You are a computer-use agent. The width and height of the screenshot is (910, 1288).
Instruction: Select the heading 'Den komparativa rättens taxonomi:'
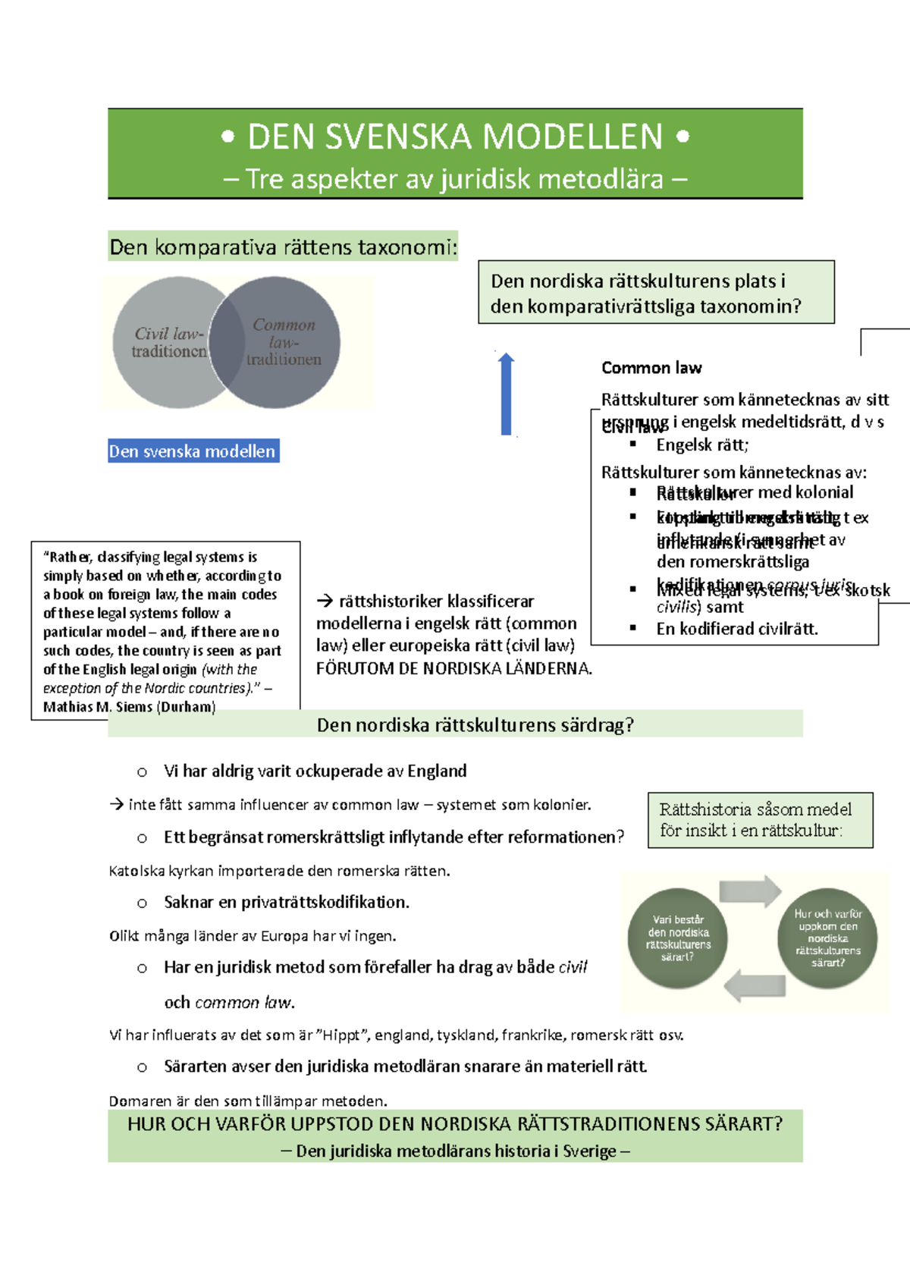point(283,247)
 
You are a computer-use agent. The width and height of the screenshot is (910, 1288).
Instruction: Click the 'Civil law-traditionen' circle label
point(168,342)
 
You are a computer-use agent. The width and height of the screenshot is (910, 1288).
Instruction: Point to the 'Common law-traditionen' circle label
point(284,341)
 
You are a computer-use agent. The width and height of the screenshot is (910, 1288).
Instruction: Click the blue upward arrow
point(507,394)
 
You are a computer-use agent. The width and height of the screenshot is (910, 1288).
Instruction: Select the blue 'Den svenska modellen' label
point(193,451)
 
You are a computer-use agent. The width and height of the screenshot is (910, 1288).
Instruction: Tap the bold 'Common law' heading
point(651,368)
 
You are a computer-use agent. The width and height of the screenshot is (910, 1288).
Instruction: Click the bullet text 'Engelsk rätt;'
point(702,445)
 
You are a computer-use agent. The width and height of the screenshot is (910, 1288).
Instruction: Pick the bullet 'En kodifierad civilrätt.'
point(737,628)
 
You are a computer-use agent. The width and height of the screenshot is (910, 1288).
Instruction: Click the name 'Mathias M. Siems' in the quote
point(98,707)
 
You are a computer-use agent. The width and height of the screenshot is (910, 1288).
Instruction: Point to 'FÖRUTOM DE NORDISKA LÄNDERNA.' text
point(453,668)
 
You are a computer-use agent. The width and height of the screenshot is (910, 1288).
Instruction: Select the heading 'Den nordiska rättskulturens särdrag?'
point(475,725)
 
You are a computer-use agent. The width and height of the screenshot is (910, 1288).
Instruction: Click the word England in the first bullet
point(437,771)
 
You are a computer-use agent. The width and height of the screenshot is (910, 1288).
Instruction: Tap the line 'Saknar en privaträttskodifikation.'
point(287,902)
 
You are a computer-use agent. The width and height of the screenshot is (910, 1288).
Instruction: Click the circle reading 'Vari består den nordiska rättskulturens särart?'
point(678,938)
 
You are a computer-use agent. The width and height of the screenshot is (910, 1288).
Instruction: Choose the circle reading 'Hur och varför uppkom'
point(827,938)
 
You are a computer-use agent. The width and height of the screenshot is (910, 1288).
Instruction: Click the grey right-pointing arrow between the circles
point(750,891)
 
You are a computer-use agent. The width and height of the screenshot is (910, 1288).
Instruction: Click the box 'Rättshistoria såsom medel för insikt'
point(760,820)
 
